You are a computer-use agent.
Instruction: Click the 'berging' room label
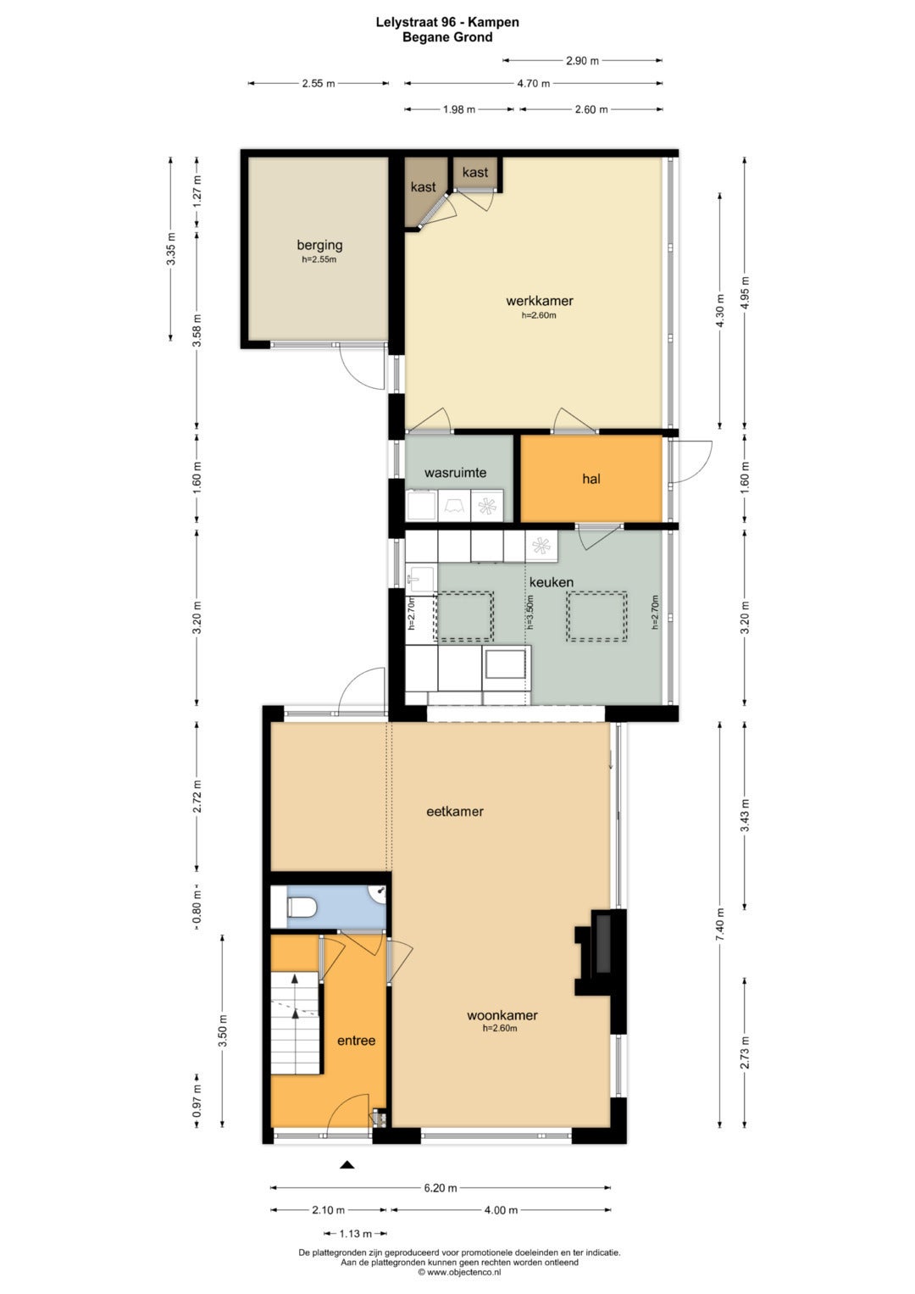(x=319, y=245)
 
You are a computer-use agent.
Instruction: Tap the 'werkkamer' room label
(x=540, y=300)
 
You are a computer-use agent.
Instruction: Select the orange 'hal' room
(x=591, y=478)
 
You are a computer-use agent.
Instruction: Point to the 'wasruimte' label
(x=455, y=473)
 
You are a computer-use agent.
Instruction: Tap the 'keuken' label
(x=551, y=582)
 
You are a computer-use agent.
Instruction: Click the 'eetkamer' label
(x=455, y=811)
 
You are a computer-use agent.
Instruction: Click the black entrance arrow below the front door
(x=347, y=1164)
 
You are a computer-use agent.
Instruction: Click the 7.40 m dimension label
(x=720, y=925)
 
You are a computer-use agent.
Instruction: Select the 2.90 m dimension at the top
(x=582, y=61)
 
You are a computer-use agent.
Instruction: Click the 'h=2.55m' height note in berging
(x=319, y=259)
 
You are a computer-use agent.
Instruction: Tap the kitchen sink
(x=421, y=578)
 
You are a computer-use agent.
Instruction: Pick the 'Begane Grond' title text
(x=448, y=37)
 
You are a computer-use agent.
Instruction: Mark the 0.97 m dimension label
(x=197, y=1100)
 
